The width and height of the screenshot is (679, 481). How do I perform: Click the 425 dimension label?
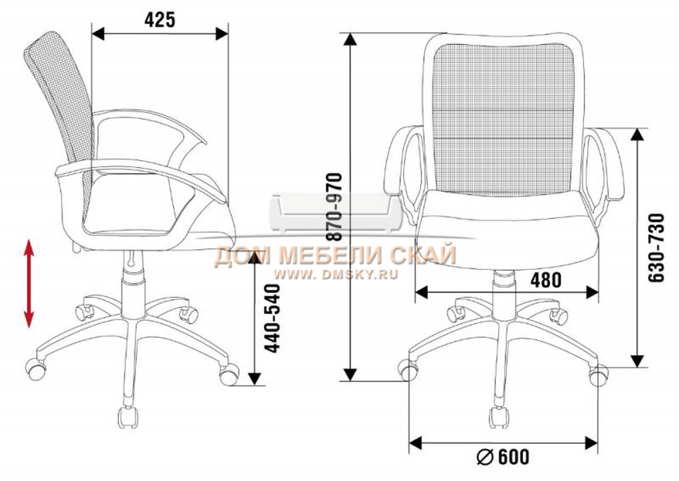[160, 20]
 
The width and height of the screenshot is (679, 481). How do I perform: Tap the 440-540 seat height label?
[272, 319]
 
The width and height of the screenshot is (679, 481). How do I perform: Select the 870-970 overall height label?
[335, 207]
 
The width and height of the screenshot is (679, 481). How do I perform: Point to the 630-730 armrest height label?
[656, 248]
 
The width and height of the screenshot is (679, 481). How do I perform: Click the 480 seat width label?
[546, 280]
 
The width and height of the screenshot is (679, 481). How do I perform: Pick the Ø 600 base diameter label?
[503, 457]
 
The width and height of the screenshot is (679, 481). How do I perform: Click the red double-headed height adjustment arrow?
[29, 283]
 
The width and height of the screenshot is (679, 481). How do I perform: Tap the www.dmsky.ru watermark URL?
[336, 274]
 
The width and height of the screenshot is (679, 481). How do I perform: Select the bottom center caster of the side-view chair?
[128, 417]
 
